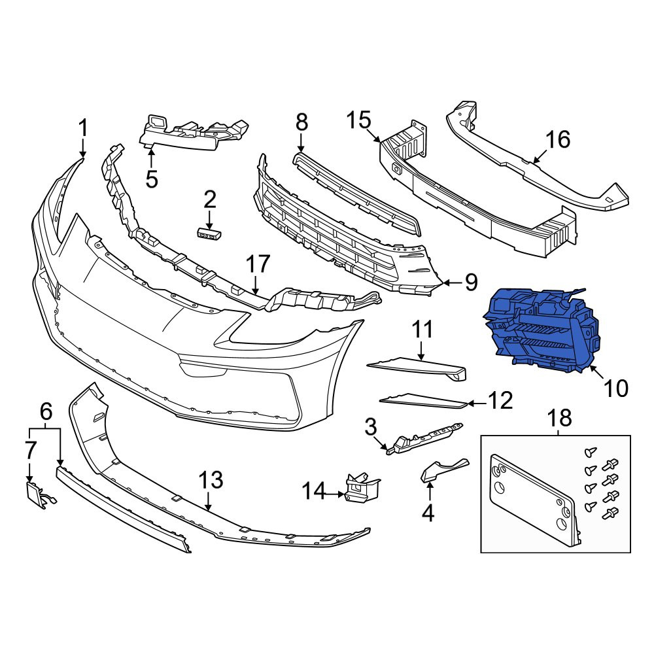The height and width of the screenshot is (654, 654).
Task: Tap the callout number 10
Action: (x=615, y=388)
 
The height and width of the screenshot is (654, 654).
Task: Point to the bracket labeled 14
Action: (x=362, y=487)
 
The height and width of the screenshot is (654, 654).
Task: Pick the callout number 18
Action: (x=559, y=417)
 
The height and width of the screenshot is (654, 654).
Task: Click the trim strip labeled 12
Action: (x=423, y=401)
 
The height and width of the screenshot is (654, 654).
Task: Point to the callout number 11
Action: (x=423, y=329)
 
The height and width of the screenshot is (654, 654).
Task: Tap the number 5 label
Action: (x=152, y=179)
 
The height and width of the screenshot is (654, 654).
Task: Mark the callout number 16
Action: (x=558, y=139)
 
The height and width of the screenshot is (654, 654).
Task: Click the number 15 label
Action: (x=358, y=120)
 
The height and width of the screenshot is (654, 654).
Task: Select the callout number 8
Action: (x=301, y=123)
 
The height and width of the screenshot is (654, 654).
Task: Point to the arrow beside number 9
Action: (x=451, y=283)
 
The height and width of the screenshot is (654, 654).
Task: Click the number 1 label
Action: (x=84, y=128)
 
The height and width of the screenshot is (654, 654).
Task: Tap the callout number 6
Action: (x=46, y=411)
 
